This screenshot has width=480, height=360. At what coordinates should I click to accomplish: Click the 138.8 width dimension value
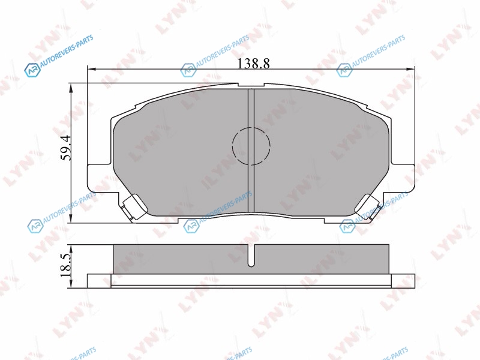[254, 64]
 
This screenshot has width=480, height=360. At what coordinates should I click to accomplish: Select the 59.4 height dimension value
[66, 148]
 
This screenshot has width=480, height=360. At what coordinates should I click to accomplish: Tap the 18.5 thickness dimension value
[66, 265]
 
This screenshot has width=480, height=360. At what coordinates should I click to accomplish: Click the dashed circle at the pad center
[251, 145]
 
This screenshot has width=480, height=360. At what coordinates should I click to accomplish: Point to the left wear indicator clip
[134, 207]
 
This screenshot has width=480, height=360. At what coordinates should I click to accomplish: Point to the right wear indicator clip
[368, 207]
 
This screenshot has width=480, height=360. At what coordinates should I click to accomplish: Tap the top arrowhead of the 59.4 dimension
[71, 87]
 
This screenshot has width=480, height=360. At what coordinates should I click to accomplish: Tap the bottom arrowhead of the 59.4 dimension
[71, 218]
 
